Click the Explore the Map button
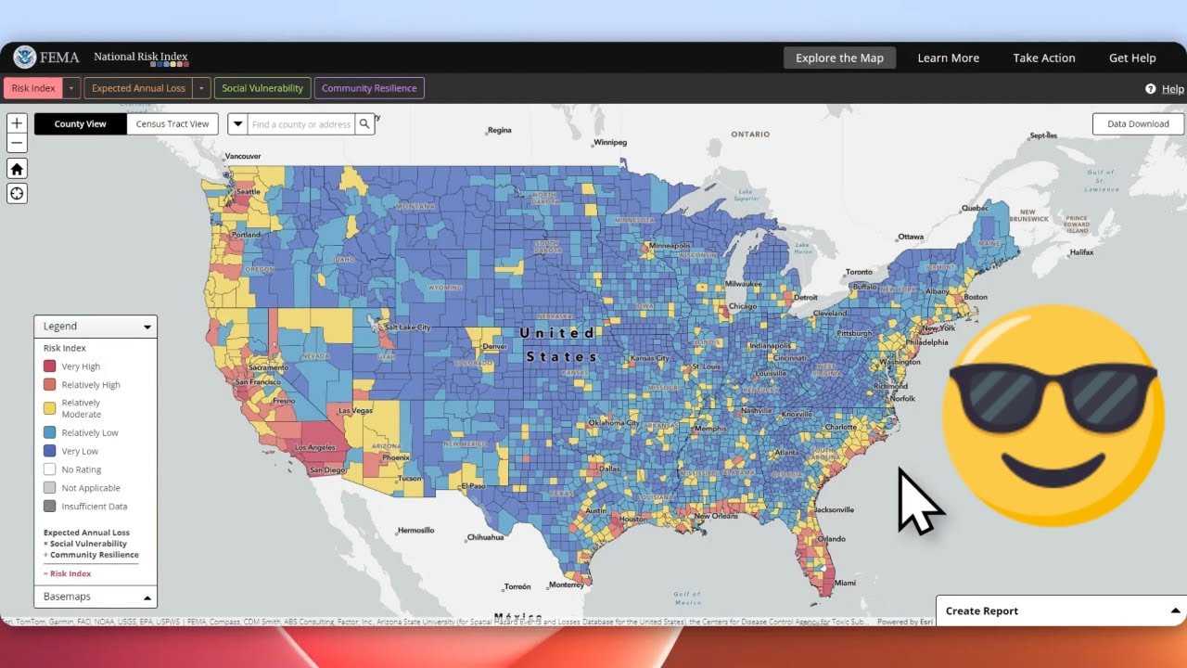pyautogui.click(x=839, y=58)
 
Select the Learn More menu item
pyautogui.click(x=948, y=58)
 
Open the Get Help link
pyautogui.click(x=1131, y=58)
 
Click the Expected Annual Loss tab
pyautogui.click(x=138, y=88)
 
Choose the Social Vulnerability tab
pyautogui.click(x=262, y=88)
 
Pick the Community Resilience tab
pyautogui.click(x=369, y=88)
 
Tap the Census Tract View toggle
pyautogui.click(x=172, y=124)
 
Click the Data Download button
pyautogui.click(x=1138, y=124)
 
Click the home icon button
pyautogui.click(x=17, y=169)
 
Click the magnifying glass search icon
pyautogui.click(x=364, y=124)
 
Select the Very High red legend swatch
pyautogui.click(x=50, y=366)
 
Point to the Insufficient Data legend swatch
pyautogui.click(x=50, y=507)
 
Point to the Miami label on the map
pyautogui.click(x=845, y=583)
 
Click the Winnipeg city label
pyautogui.click(x=611, y=143)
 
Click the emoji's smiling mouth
pyautogui.click(x=1053, y=476)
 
